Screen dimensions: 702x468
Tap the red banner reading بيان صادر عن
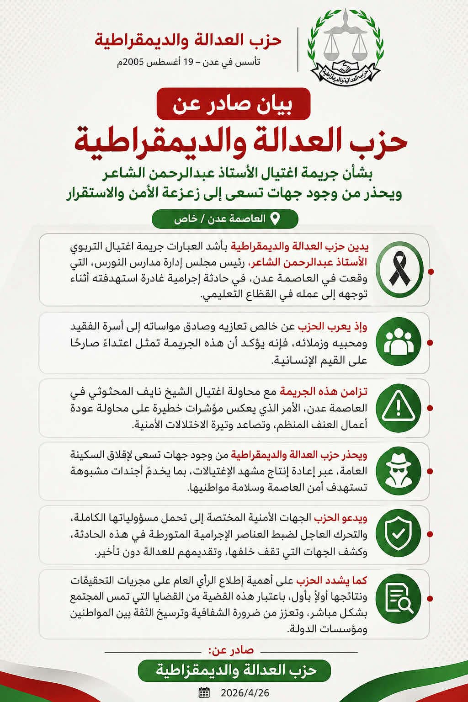click(x=233, y=104)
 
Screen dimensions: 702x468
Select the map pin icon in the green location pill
click(x=275, y=218)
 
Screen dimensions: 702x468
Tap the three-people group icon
click(x=399, y=342)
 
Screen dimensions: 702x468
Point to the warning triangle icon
click(x=399, y=407)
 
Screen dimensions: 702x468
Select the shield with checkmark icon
click(x=399, y=534)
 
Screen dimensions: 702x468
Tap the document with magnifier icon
click(x=399, y=599)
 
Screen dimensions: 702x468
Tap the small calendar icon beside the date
click(x=204, y=692)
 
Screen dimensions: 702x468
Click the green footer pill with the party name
click(x=234, y=670)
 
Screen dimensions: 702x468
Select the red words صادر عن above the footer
click(x=231, y=650)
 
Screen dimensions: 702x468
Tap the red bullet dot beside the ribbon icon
click(x=431, y=271)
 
